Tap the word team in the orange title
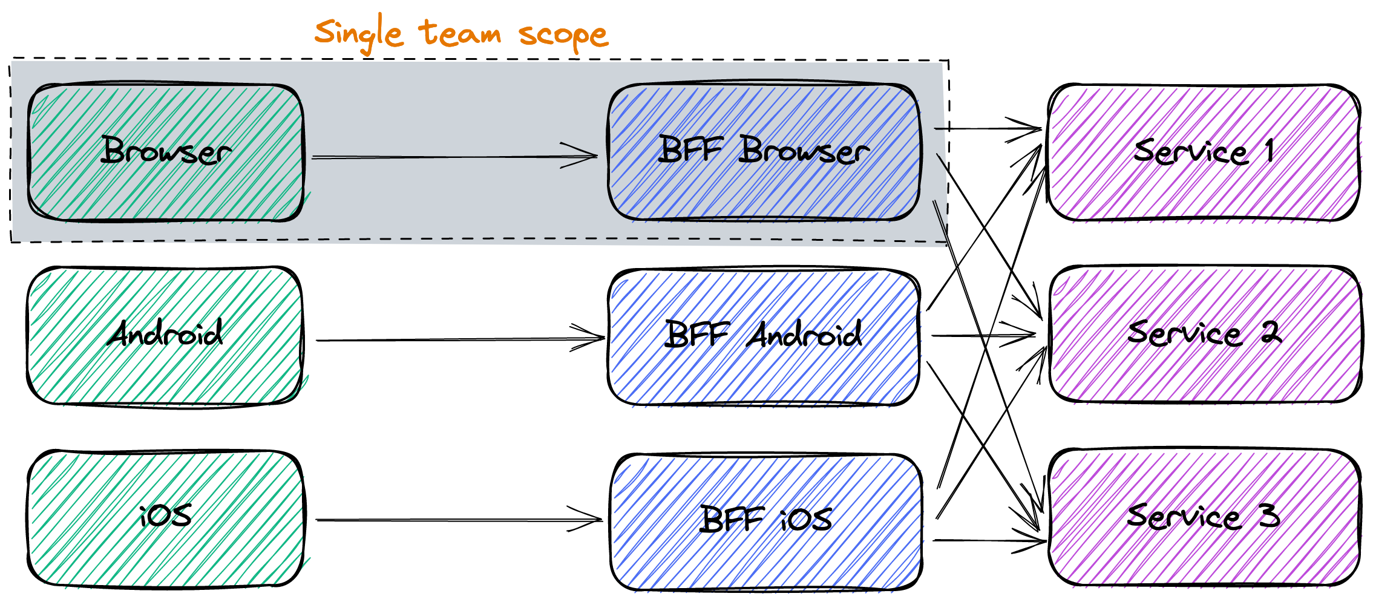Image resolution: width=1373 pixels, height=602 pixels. (x=460, y=33)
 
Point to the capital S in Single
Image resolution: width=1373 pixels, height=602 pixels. (x=326, y=31)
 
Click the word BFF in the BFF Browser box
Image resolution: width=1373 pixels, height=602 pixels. (x=690, y=149)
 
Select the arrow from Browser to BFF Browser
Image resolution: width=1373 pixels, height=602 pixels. (x=436, y=157)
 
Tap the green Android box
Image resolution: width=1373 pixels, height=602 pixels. (x=166, y=336)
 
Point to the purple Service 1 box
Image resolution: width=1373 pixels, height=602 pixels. (x=1205, y=154)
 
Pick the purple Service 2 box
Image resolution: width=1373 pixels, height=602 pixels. (x=1205, y=336)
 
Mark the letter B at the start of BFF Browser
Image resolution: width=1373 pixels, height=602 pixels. (x=669, y=149)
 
